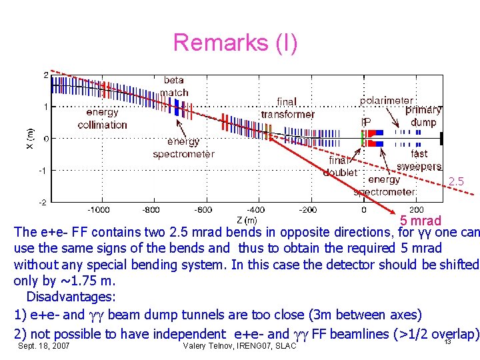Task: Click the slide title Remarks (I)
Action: (x=235, y=43)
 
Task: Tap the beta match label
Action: (x=174, y=87)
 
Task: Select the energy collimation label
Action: (x=102, y=119)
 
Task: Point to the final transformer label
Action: (x=287, y=108)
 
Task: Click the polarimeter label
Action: (x=386, y=101)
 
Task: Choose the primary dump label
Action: (x=423, y=116)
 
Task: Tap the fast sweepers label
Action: (x=419, y=160)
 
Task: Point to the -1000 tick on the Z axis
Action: (x=100, y=209)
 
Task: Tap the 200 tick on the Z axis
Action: (x=416, y=209)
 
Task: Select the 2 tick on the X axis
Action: (x=45, y=75)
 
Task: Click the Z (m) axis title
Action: (x=246, y=220)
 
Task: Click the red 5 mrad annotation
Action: (x=420, y=221)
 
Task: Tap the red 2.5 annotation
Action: (x=456, y=181)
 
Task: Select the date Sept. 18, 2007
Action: (x=44, y=347)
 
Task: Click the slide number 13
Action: (x=448, y=342)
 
